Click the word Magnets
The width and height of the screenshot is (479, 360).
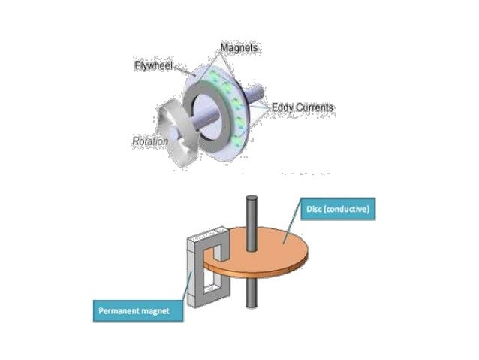[240, 48]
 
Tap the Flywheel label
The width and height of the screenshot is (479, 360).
[154, 65]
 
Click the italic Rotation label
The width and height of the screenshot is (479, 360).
[149, 141]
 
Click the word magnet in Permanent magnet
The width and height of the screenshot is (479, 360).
[163, 310]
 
